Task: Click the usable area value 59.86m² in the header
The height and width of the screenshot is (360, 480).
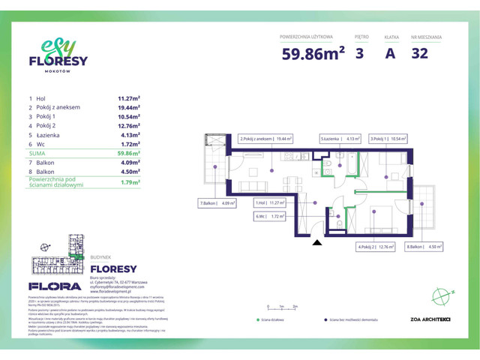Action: (313, 53)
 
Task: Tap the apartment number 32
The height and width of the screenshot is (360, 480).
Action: (421, 53)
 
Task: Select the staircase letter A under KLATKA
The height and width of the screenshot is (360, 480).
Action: (390, 53)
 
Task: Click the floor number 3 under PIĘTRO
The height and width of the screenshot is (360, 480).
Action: (361, 53)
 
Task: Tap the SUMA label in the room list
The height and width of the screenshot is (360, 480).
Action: (37, 153)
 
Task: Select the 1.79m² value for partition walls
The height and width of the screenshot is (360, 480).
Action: (130, 181)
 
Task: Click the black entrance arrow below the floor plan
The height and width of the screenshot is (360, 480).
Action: (316, 241)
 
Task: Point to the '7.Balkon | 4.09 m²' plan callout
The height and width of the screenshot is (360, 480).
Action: (217, 203)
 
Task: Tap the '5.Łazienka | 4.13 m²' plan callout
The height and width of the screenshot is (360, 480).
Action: (340, 139)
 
